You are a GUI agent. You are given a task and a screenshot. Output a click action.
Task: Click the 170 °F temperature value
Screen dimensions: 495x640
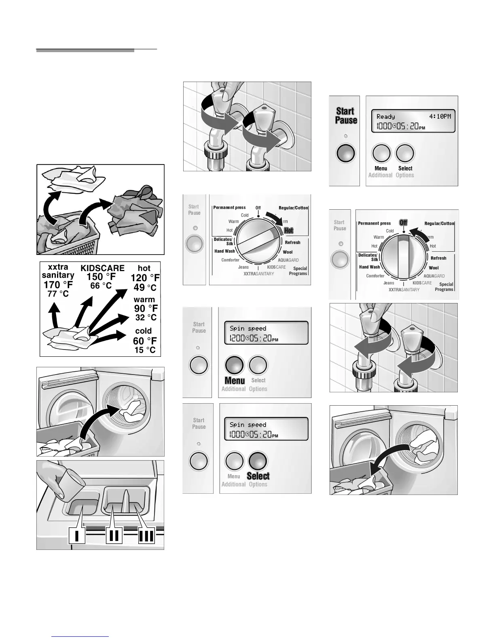(x=58, y=285)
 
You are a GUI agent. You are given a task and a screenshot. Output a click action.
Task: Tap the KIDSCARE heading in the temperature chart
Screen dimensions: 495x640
(x=102, y=268)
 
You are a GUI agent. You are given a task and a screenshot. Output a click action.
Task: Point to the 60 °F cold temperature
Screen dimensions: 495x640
(x=145, y=341)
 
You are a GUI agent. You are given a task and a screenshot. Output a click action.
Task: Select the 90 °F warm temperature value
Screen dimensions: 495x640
(x=146, y=309)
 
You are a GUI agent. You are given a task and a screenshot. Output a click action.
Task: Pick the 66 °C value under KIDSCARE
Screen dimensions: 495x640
(x=101, y=286)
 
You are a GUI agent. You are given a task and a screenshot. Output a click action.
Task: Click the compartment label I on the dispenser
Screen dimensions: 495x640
(x=76, y=536)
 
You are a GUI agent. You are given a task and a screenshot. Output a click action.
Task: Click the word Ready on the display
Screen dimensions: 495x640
(x=385, y=116)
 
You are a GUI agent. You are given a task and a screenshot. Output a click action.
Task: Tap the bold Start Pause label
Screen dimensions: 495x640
(x=346, y=116)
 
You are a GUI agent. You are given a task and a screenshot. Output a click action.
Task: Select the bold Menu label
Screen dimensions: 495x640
(x=235, y=381)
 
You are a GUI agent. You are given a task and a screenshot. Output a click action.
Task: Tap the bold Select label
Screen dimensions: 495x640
(x=258, y=476)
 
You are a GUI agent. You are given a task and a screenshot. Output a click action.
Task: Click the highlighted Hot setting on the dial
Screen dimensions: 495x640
(x=288, y=230)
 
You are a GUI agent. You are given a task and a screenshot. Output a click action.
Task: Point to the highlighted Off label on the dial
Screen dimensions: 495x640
(x=403, y=223)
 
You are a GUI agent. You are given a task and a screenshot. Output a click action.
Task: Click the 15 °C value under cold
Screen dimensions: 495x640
(x=145, y=350)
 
